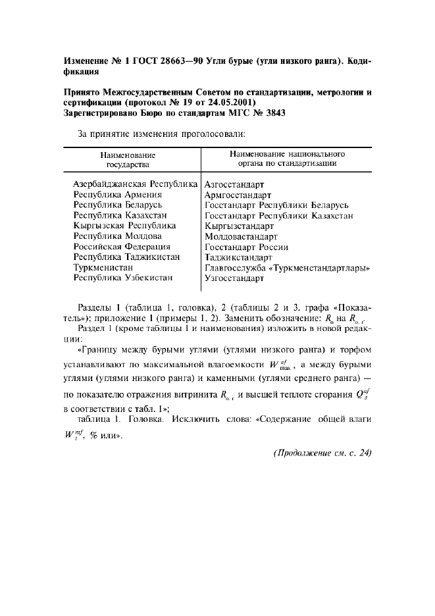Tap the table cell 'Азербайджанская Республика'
pos(136,185)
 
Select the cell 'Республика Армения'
pos(118,195)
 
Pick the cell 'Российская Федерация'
pos(122,246)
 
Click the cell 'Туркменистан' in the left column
pos(103,267)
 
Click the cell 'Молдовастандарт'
pos(241,236)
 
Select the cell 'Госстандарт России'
pos(246,247)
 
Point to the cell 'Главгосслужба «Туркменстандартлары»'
pos(288,268)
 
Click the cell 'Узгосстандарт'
pos(234,278)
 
